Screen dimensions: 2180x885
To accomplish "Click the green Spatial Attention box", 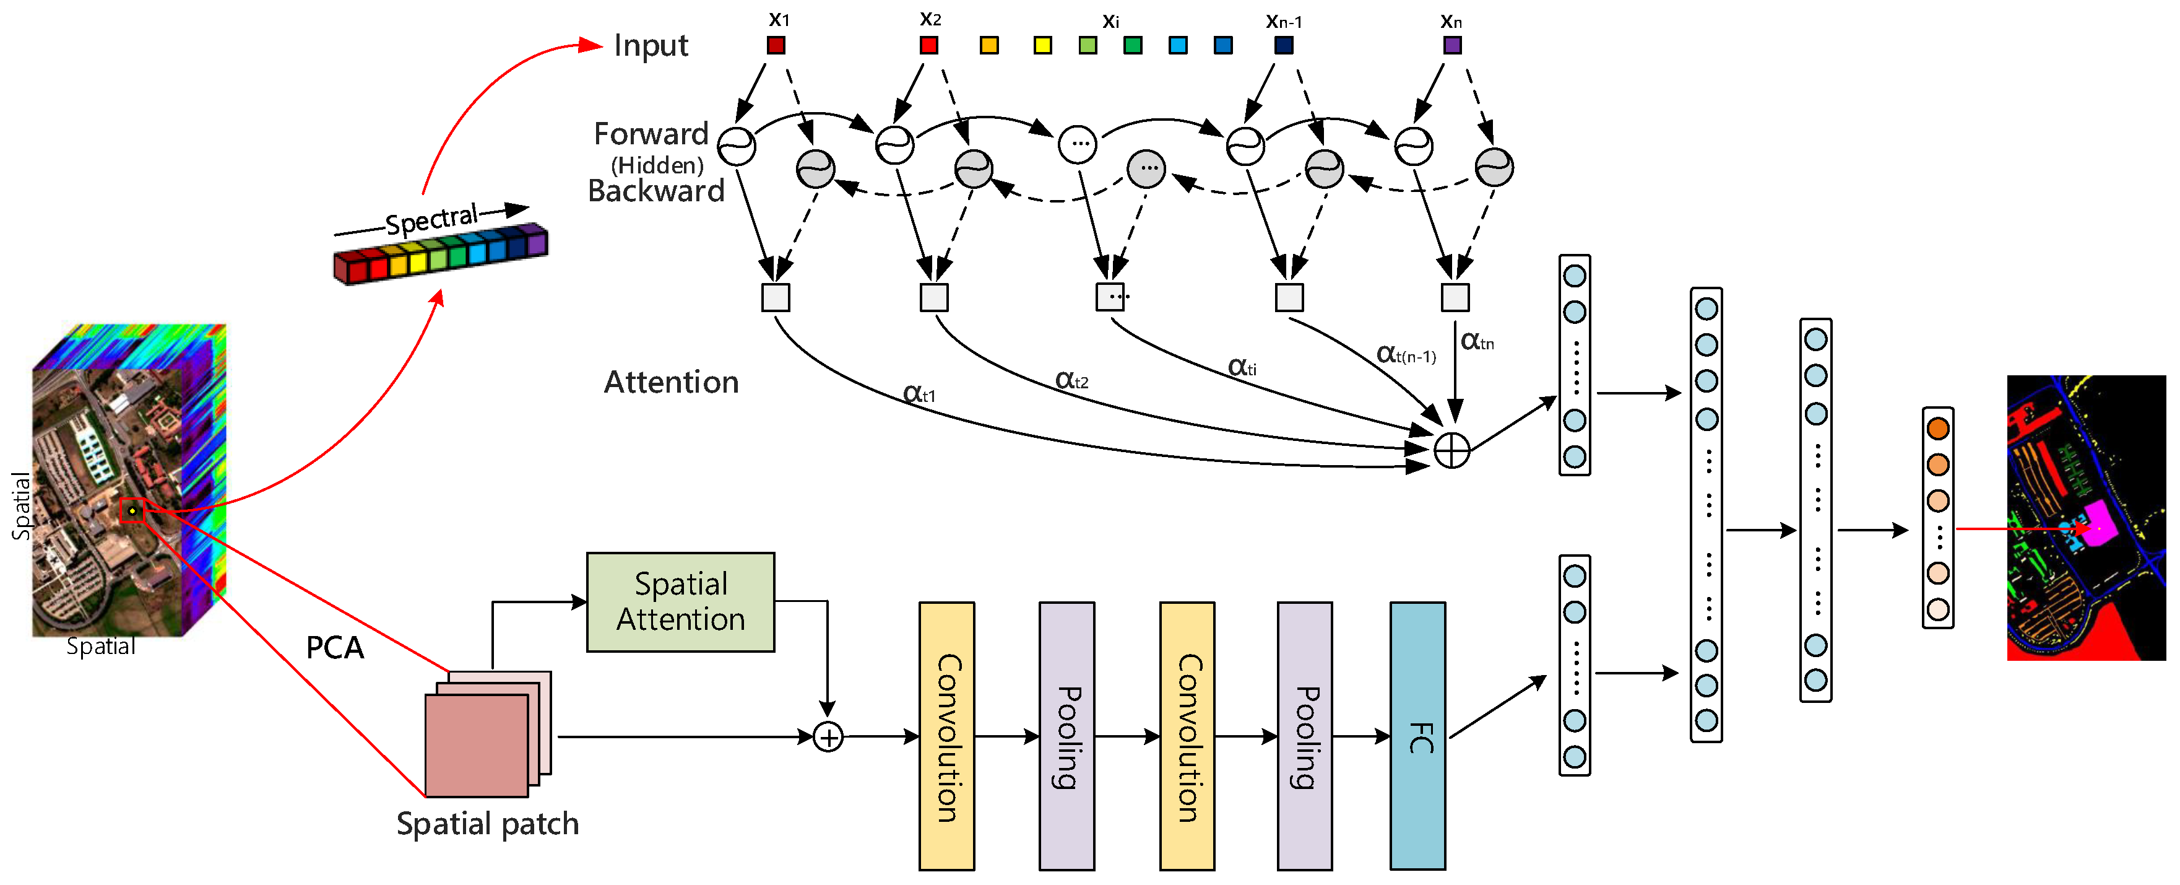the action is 680,602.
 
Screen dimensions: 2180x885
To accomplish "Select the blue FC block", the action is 1417,736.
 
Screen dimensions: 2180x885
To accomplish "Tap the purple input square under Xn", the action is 1452,45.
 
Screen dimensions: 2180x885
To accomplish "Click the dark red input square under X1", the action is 776,45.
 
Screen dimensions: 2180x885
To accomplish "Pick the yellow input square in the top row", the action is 1042,45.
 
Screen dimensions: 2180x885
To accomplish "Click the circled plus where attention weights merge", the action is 1452,450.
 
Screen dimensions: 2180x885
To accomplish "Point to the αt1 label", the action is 919,394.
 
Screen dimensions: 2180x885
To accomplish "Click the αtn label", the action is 1477,341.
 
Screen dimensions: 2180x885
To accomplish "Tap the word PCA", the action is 335,648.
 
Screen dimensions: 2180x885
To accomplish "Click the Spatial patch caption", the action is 488,823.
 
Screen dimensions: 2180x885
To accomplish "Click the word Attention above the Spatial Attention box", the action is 671,382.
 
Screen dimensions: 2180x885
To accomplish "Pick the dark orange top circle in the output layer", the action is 1938,428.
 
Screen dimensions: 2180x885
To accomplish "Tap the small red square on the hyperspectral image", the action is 132,511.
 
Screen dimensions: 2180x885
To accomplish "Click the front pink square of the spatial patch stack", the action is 477,745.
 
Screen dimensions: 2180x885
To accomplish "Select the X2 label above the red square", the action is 930,19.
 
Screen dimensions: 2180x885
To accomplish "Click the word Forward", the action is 651,134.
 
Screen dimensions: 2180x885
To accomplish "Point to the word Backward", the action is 656,191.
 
